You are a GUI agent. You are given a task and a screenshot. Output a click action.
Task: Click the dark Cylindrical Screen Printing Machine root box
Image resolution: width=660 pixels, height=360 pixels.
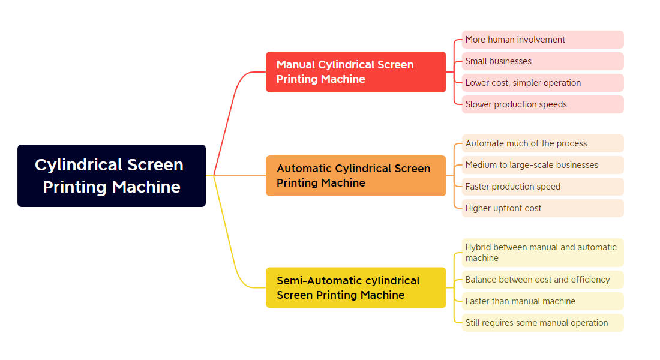(112, 176)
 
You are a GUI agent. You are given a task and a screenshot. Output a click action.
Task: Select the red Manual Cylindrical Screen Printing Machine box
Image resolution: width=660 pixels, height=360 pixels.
(356, 72)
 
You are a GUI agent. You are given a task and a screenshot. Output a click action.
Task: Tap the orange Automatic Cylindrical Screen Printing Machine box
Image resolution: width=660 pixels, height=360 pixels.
(356, 176)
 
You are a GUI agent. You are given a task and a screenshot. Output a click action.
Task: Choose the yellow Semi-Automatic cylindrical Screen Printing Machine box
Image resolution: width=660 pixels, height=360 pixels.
(356, 287)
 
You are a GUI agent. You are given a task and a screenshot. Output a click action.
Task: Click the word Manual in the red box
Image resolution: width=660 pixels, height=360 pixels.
(296, 65)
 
